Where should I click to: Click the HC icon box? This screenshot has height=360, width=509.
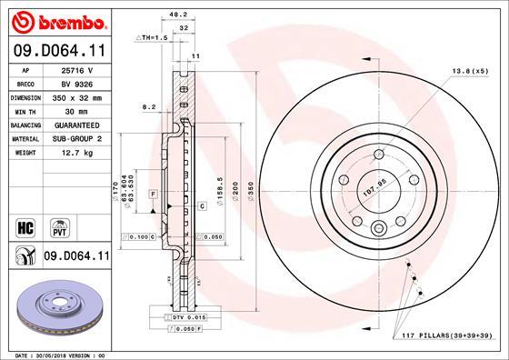tap(25, 225)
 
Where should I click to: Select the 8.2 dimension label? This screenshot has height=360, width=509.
tap(151, 106)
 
